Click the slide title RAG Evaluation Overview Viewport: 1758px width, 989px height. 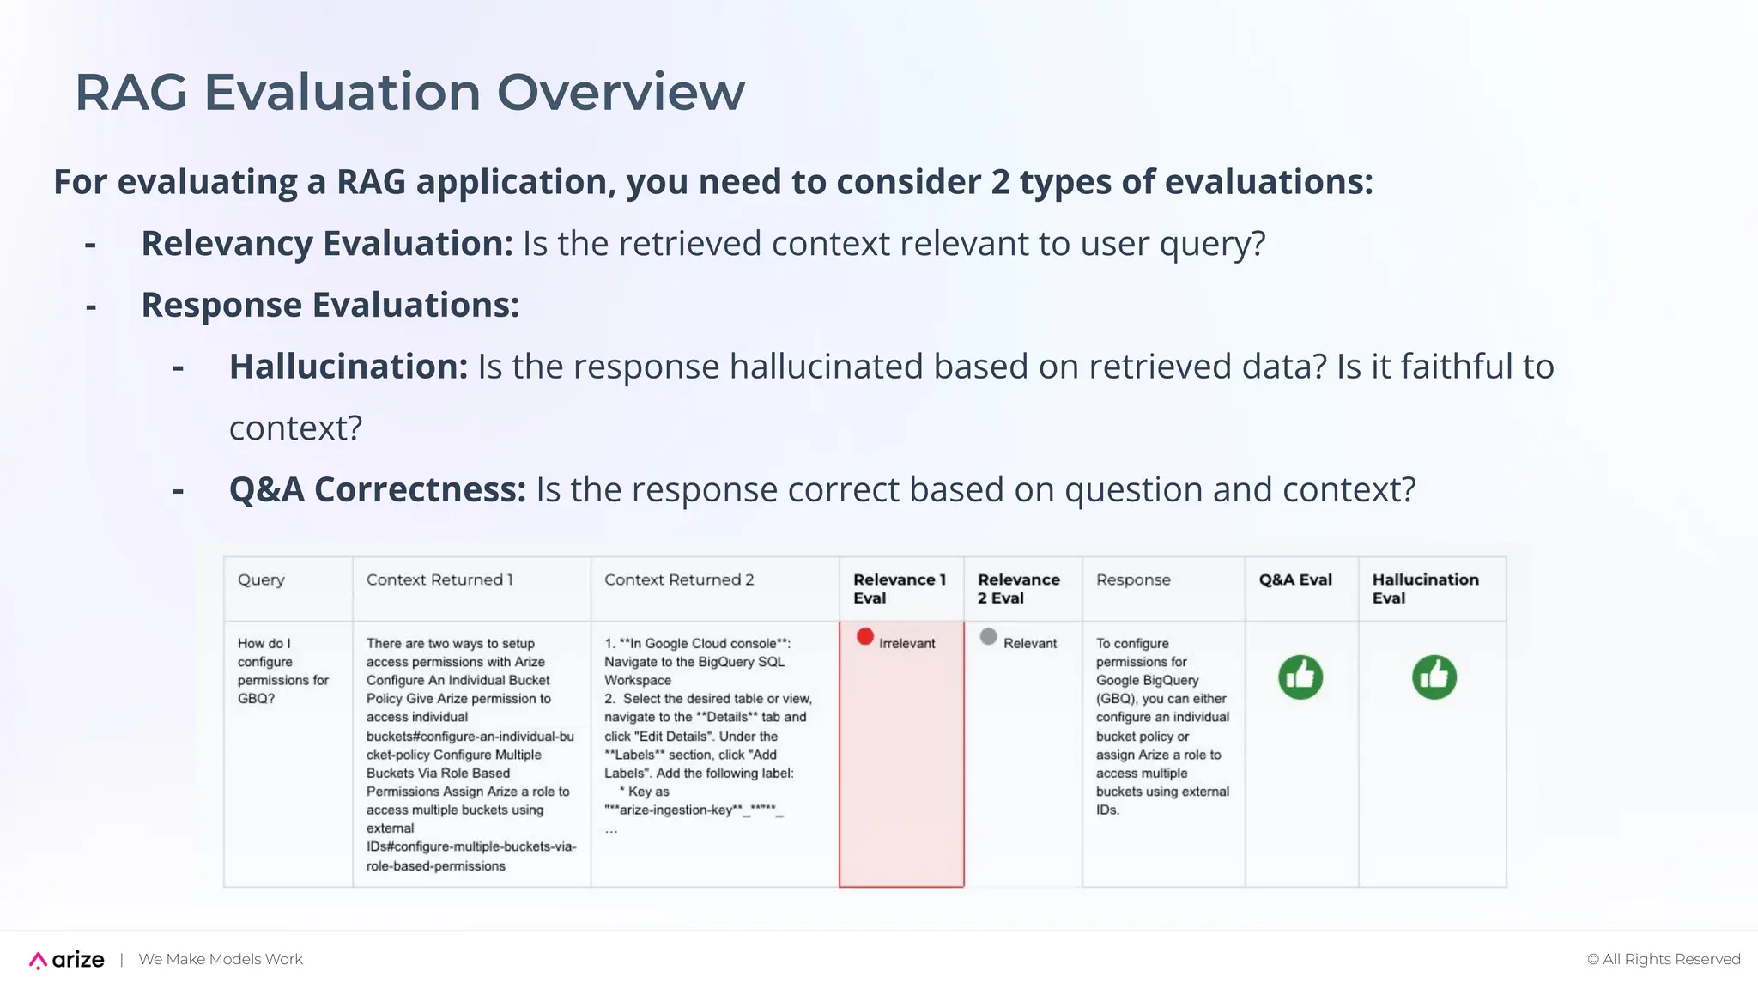(x=409, y=92)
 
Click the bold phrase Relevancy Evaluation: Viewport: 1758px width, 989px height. (x=326, y=244)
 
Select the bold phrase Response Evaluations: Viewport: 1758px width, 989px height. (x=330, y=306)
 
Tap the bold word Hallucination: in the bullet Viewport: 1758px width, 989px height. (x=348, y=367)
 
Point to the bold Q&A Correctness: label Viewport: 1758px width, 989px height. (x=377, y=489)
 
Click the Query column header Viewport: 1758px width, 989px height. (x=261, y=580)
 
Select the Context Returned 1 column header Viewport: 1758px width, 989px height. (x=439, y=580)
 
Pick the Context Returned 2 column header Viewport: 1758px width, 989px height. (x=679, y=580)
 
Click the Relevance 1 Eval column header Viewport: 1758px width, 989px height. (x=899, y=589)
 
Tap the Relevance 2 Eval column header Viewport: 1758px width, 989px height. (x=1018, y=589)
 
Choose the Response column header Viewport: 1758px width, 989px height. (x=1133, y=580)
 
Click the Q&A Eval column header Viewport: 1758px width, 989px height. (x=1295, y=580)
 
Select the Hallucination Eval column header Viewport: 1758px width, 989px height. (x=1425, y=589)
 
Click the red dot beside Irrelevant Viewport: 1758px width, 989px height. (x=865, y=637)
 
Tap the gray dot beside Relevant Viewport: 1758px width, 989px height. (x=989, y=637)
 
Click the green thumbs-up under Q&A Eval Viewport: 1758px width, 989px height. (x=1300, y=677)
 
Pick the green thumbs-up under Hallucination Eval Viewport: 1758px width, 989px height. (x=1434, y=677)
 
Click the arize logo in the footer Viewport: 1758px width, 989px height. (x=67, y=960)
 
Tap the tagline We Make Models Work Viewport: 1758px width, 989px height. (x=221, y=960)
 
